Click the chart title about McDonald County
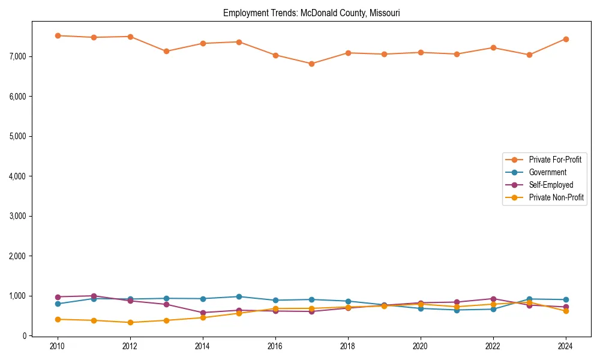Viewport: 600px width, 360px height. point(311,13)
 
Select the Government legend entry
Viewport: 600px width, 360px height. point(547,172)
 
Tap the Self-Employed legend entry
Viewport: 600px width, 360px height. point(551,185)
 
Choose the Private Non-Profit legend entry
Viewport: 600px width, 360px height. point(556,197)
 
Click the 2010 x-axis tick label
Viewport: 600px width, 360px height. point(58,346)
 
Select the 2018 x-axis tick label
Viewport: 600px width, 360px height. point(348,346)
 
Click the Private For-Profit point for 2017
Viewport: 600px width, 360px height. point(311,64)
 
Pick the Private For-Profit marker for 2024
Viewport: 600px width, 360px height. point(566,39)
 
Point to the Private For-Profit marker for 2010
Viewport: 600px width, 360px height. point(58,35)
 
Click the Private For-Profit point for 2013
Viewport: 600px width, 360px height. point(166,51)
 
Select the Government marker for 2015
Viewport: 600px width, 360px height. point(239,296)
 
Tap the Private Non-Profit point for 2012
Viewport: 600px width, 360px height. point(130,322)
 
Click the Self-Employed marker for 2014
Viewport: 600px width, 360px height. point(203,313)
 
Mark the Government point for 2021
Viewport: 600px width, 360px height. point(457,310)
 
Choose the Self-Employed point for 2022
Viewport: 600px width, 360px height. point(493,299)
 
